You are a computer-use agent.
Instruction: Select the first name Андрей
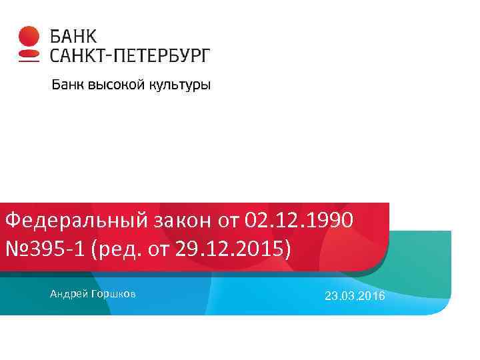[65, 293]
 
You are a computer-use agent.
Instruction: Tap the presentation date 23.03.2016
[355, 295]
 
